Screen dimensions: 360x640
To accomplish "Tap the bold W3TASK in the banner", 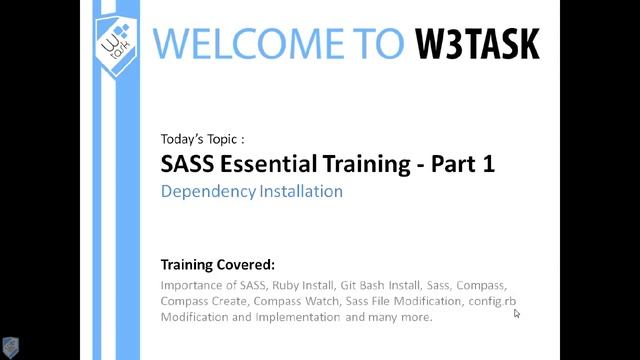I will click(477, 42).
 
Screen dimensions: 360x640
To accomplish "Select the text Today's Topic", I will click(201, 139).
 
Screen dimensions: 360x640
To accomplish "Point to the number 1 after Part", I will click(487, 163).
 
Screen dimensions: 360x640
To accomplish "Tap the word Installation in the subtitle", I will click(297, 190).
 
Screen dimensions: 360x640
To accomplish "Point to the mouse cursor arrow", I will click(517, 313).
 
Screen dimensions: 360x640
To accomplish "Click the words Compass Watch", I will click(298, 301).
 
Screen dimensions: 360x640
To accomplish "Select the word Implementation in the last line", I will click(299, 318).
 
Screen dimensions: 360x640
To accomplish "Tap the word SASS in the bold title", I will click(187, 163).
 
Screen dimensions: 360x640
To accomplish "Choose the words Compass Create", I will click(203, 301).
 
